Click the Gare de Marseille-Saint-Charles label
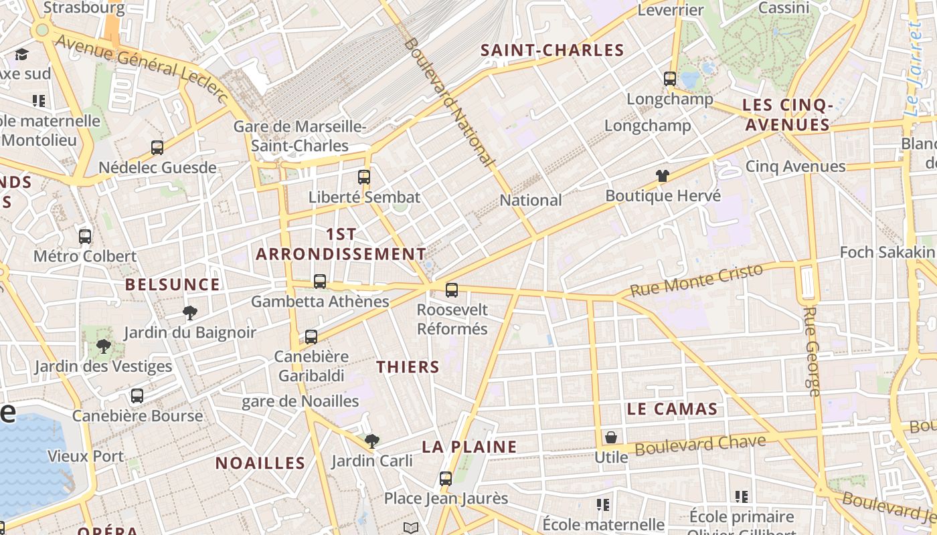[300, 136]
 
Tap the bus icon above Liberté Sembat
[364, 177]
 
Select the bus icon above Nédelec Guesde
[157, 148]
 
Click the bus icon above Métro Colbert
[85, 236]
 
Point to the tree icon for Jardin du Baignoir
[190, 312]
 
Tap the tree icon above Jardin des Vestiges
[103, 346]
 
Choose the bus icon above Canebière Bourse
[137, 395]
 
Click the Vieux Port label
[86, 456]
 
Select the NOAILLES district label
[260, 463]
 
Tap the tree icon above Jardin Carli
[372, 441]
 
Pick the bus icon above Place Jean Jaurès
[446, 479]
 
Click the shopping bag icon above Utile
[611, 438]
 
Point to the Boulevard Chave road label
[700, 445]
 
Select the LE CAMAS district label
[672, 409]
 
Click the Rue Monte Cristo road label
[697, 280]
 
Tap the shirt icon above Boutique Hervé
[663, 176]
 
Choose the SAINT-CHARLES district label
[552, 50]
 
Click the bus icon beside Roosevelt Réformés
[452, 290]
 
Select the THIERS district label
[408, 366]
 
